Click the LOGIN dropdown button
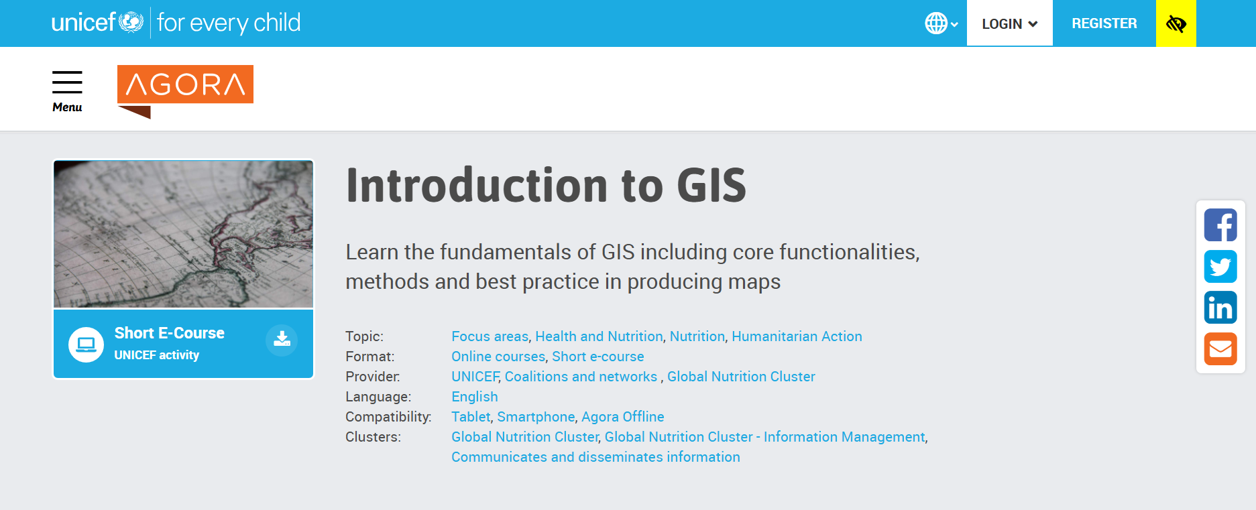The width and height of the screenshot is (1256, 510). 1009,23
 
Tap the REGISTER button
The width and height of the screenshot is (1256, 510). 1104,23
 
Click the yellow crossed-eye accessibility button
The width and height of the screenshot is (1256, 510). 1176,23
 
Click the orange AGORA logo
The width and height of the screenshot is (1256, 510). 185,91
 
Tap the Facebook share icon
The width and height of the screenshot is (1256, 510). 1220,225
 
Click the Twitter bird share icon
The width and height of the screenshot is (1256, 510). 1220,267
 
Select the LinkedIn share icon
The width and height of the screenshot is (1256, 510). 1220,308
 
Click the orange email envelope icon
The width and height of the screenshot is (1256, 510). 1220,349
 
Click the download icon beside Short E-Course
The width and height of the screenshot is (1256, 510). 282,340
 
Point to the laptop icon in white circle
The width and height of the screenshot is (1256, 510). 86,344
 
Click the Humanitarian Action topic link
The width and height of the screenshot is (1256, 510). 797,336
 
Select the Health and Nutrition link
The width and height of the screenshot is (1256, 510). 599,336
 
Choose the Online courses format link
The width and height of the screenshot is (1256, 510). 498,357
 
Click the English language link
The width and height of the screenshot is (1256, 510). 475,397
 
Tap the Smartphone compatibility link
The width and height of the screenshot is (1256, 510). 536,417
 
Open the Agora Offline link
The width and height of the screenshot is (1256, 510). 623,417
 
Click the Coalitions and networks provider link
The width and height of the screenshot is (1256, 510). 581,377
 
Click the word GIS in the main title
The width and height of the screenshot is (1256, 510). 711,186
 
